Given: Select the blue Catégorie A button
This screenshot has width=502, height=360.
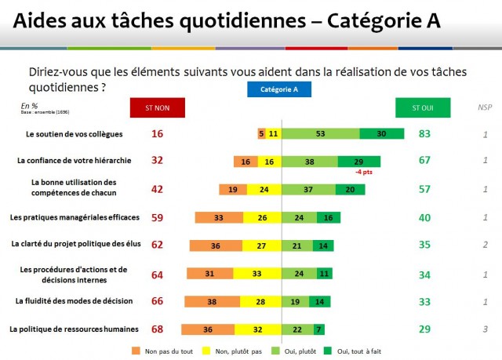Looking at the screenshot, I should pyautogui.click(x=279, y=90).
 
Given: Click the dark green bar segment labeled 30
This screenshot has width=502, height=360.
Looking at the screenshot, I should pyautogui.click(x=381, y=134).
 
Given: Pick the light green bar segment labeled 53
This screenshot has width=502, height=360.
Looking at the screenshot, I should pyautogui.click(x=321, y=134).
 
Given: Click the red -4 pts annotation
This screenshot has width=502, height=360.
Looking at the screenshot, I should pyautogui.click(x=363, y=172).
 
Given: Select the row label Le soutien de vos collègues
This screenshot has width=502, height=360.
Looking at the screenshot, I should pyautogui.click(x=75, y=134).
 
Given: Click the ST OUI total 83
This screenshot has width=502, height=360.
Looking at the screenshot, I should pyautogui.click(x=425, y=134).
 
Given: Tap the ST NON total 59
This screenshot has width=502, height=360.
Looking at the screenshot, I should pyautogui.click(x=157, y=216).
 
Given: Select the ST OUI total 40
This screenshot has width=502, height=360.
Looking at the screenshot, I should pyautogui.click(x=425, y=216).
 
